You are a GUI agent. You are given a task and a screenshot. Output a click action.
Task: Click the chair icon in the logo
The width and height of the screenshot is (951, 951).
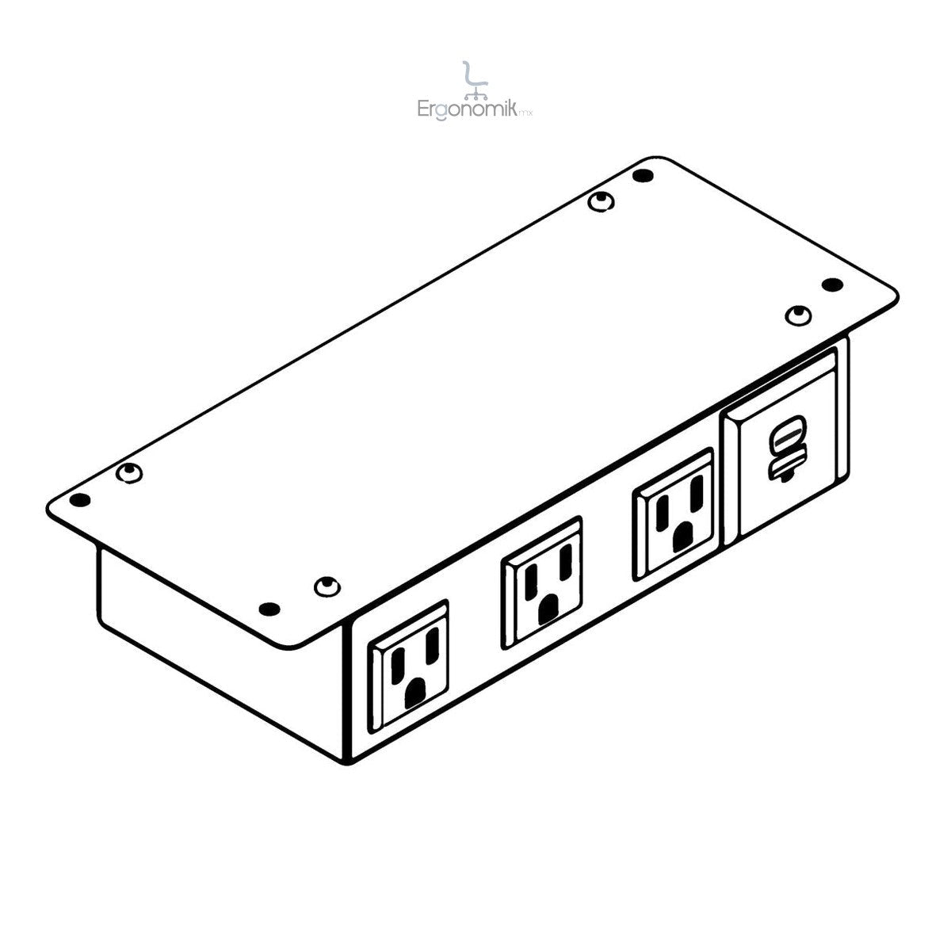coord(475,81)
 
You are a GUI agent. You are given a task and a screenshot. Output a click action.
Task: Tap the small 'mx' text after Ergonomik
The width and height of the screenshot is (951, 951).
coord(525,113)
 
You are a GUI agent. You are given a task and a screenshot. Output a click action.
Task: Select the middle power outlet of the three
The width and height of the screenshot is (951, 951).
coord(541,582)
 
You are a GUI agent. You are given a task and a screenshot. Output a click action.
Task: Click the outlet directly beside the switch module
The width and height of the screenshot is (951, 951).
coord(674,514)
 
